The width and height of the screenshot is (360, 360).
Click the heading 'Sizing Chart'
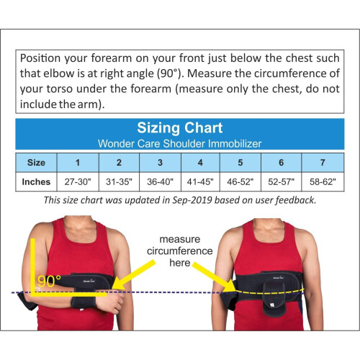(x=180, y=128)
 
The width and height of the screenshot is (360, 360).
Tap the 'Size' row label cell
(x=36, y=162)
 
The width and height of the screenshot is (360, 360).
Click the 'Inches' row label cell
(x=36, y=181)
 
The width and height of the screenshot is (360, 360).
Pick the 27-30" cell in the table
(x=78, y=181)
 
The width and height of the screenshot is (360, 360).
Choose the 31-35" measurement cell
(x=119, y=181)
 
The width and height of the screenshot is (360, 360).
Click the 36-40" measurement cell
(x=160, y=181)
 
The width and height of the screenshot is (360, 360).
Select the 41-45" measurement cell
(x=200, y=181)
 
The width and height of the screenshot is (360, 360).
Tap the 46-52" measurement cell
(x=241, y=181)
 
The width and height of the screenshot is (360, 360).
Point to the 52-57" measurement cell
(x=282, y=181)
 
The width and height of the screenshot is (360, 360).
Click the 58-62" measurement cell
(x=323, y=181)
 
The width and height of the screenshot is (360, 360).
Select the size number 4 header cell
(x=200, y=162)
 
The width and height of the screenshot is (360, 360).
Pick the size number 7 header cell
(x=323, y=162)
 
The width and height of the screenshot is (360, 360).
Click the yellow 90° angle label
(x=48, y=282)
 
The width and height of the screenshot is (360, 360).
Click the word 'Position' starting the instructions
(x=42, y=58)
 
